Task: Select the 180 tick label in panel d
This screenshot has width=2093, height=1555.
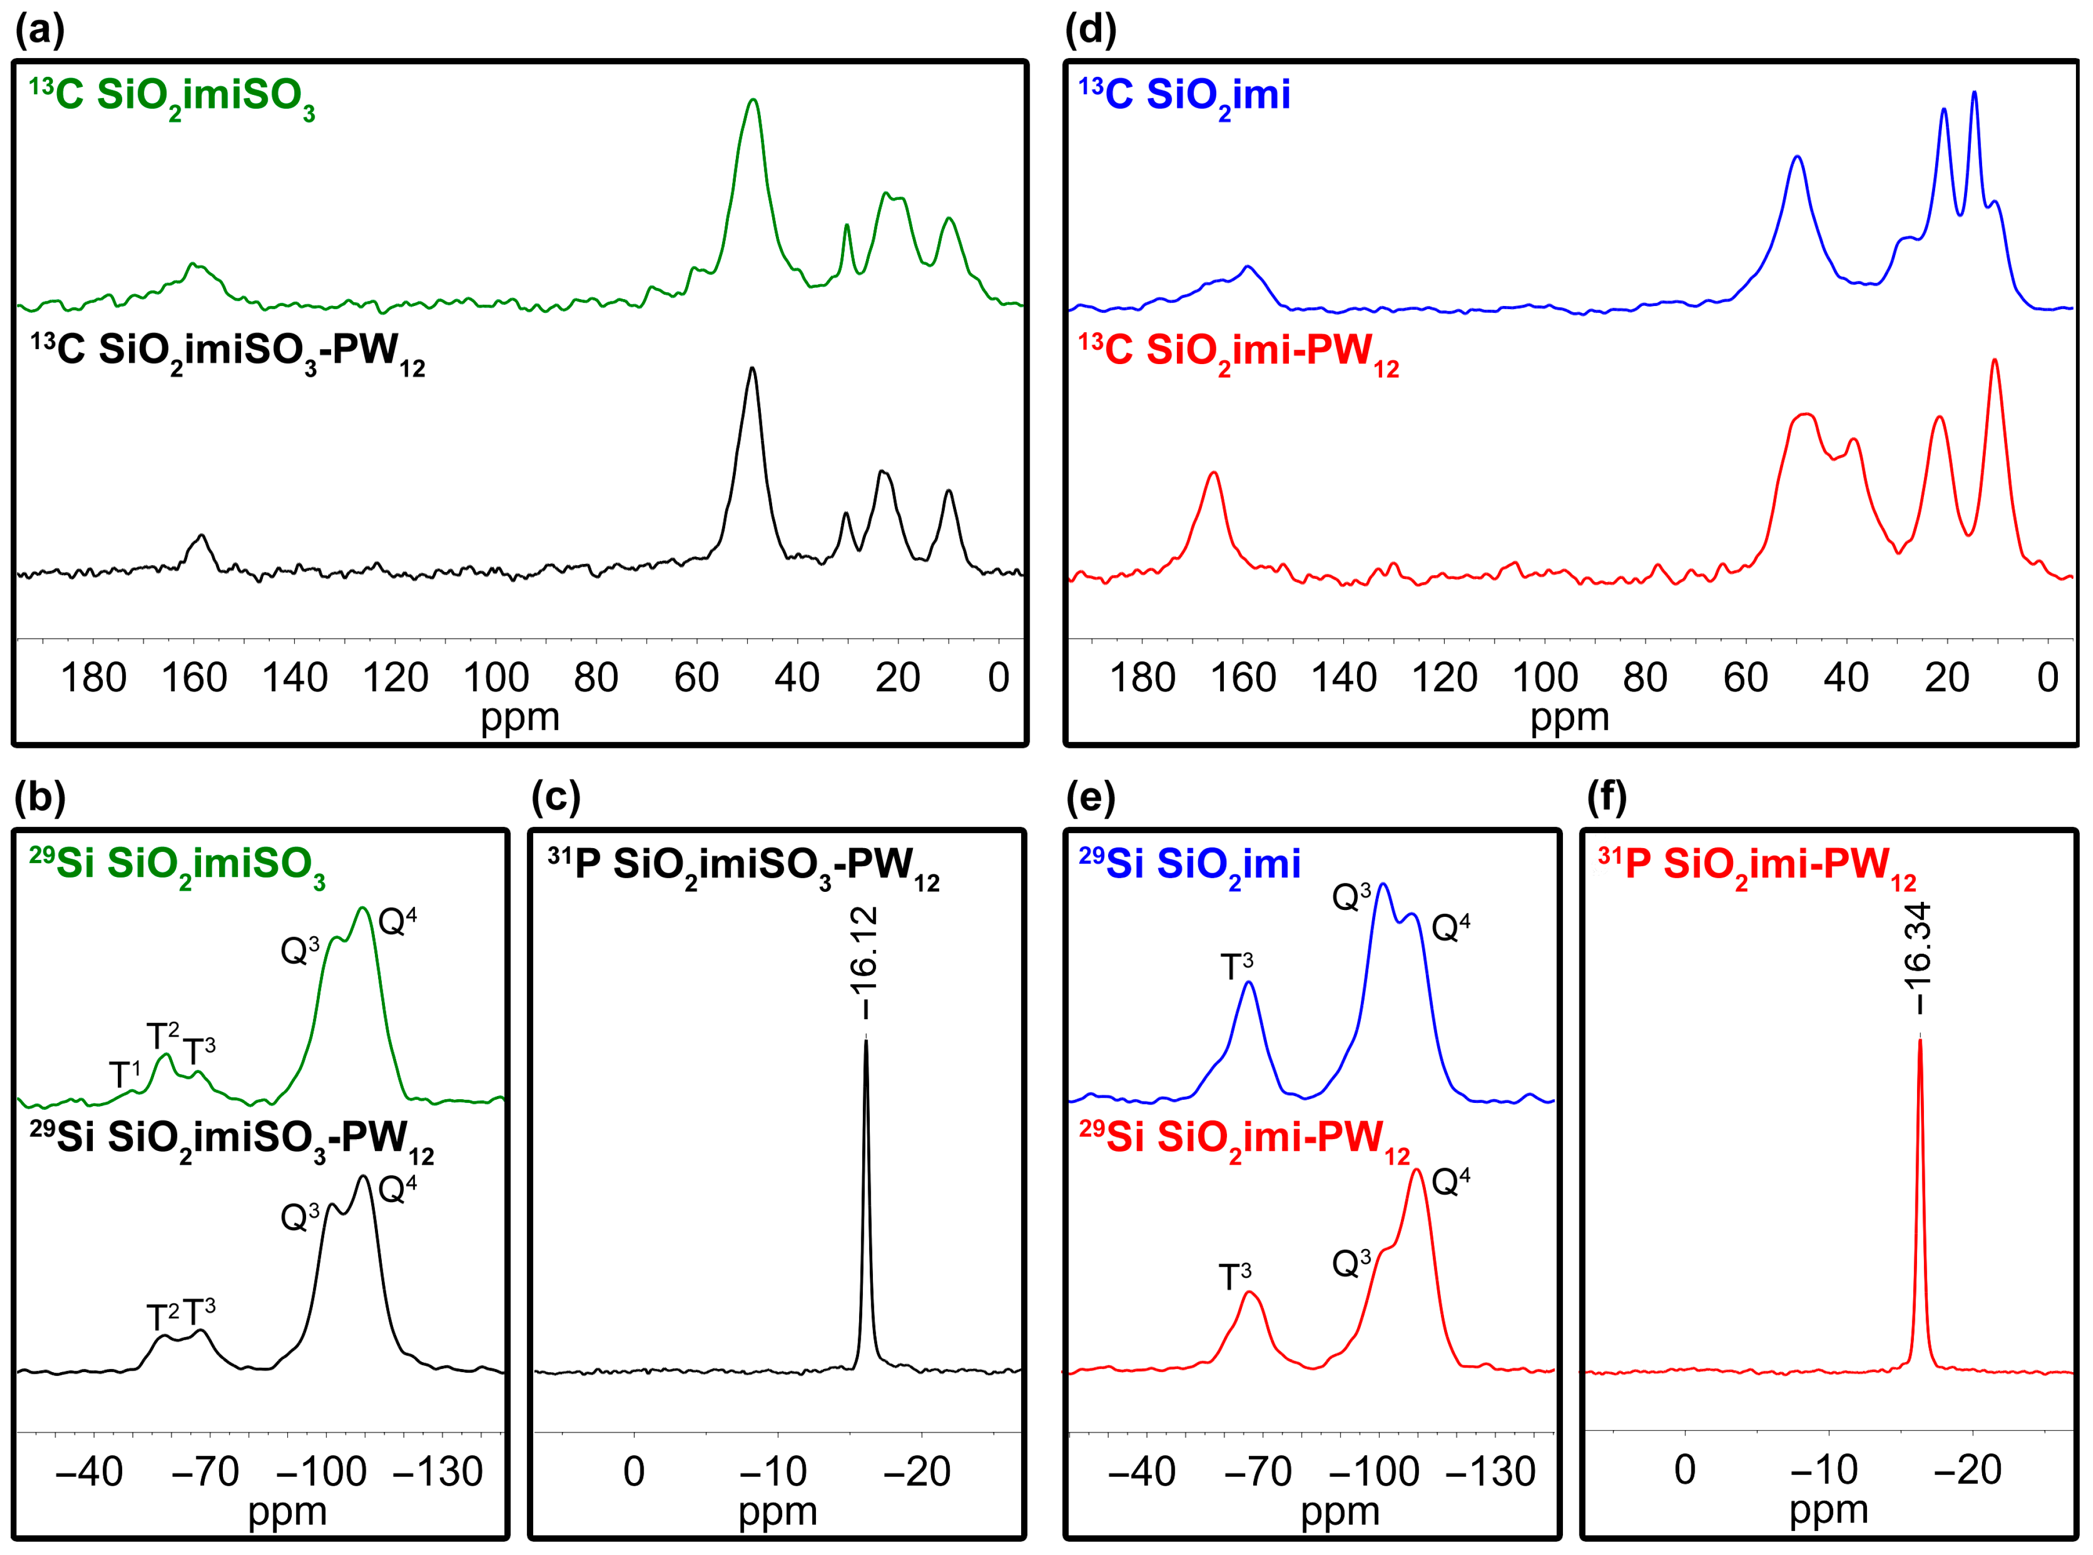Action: (1142, 678)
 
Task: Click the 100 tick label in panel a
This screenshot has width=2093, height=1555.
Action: (495, 678)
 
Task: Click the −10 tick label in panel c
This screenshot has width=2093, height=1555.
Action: (773, 1471)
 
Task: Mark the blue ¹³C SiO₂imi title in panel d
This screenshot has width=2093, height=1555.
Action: (1184, 97)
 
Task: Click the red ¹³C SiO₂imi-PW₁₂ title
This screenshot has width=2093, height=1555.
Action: (1238, 353)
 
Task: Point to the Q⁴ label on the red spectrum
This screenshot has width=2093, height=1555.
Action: (1450, 1182)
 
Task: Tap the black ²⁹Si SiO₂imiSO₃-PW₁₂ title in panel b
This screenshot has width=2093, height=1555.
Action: (231, 1140)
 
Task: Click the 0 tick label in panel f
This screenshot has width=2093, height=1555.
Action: (1685, 1469)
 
